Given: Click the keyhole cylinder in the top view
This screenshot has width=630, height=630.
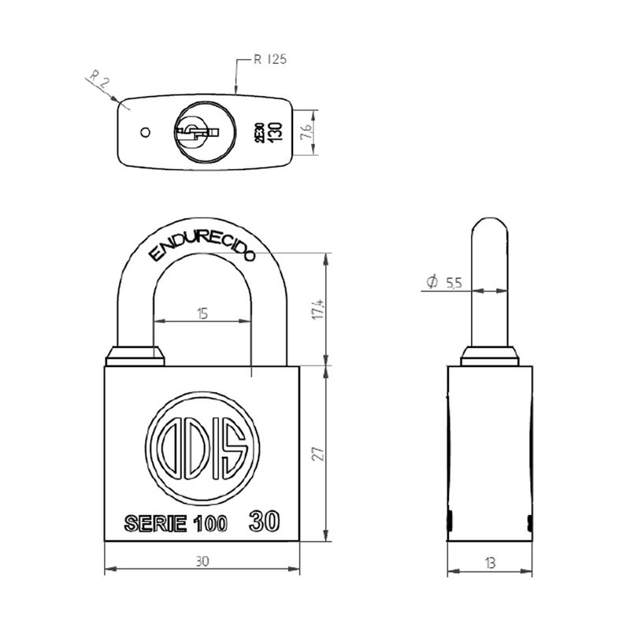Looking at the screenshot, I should [198, 131].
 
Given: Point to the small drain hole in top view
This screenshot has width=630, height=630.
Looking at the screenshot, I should [144, 132].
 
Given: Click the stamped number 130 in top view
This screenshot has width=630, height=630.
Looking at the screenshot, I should [276, 131].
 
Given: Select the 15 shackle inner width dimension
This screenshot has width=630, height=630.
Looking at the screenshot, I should [202, 313].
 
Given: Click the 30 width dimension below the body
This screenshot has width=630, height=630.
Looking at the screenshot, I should [202, 561].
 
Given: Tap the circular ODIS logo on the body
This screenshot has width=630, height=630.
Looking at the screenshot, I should [202, 447].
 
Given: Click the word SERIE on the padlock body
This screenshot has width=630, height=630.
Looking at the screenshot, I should [155, 524].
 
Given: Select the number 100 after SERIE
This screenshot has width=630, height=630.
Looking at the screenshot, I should [210, 524].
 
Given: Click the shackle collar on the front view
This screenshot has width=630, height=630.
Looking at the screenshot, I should [135, 356].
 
